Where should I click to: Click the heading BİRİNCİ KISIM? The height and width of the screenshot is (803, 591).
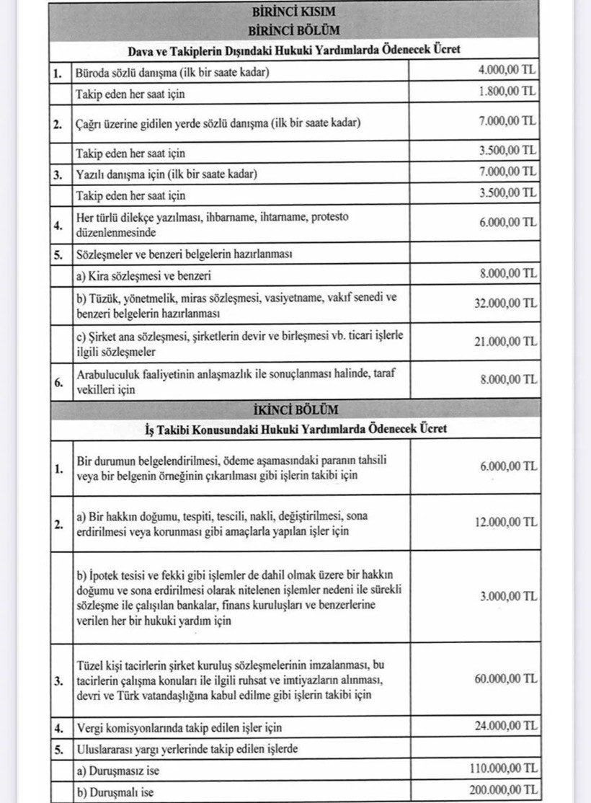[x=294, y=12]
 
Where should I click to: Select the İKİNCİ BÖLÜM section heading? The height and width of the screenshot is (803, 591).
[x=294, y=410]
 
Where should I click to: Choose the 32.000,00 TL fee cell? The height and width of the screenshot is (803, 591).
[x=505, y=305]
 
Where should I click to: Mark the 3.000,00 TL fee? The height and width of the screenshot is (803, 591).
[x=508, y=596]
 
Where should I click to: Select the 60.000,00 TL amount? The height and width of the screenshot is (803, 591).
[x=505, y=679]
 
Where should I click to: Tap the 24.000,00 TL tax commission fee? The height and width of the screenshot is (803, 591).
[x=505, y=727]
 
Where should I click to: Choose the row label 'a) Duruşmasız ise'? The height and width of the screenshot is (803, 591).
[x=120, y=770]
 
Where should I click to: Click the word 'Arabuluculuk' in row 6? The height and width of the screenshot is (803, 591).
[x=108, y=374]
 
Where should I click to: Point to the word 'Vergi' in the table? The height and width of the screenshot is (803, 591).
[x=89, y=727]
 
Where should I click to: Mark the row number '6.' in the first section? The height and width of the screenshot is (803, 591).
[x=58, y=381]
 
